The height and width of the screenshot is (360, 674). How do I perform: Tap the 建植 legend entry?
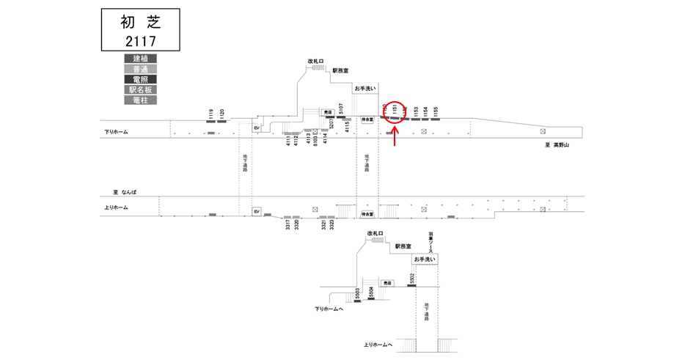[140, 58]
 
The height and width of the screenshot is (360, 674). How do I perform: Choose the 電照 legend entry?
[140, 78]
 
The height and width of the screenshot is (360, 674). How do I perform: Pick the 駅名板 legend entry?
[140, 89]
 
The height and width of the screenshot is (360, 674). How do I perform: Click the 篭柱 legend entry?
[140, 100]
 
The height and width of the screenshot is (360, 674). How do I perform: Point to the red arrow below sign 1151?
[396, 136]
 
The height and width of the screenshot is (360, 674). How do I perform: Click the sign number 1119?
[211, 114]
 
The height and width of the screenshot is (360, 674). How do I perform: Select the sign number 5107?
[341, 110]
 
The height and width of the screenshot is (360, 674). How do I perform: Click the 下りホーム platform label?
[116, 133]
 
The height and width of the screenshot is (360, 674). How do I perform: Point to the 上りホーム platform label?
[116, 207]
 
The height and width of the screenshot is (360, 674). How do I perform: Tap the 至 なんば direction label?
[124, 192]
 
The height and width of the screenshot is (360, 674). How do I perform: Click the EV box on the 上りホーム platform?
[257, 211]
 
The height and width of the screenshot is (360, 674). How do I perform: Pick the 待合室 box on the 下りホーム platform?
[367, 119]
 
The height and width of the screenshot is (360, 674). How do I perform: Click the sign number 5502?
[412, 279]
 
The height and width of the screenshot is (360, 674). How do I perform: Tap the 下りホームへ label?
[329, 309]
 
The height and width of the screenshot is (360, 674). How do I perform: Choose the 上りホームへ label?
[378, 345]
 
